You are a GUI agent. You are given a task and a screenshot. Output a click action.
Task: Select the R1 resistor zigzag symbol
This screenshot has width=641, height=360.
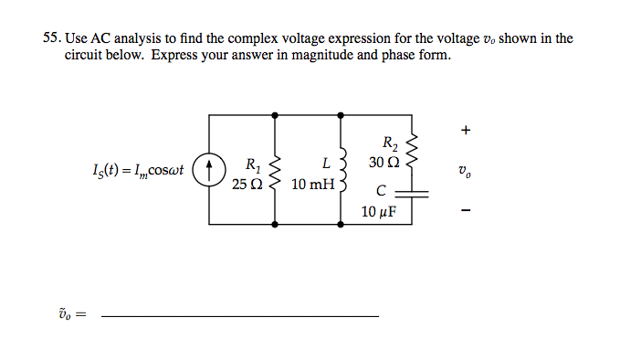[275, 170]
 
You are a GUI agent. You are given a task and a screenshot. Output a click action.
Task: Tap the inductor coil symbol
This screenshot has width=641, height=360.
[342, 170]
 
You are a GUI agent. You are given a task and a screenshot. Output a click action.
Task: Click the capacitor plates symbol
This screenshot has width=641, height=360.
[413, 193]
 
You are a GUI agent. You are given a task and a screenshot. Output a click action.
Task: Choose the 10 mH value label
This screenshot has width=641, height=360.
[312, 185]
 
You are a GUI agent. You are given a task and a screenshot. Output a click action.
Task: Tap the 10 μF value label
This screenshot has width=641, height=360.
[381, 212]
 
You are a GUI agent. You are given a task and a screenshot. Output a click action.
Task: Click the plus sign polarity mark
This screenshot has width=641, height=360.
[466, 131]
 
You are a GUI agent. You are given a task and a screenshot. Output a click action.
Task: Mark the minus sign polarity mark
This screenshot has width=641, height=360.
[466, 212]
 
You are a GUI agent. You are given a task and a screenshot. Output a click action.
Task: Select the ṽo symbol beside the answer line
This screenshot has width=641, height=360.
[69, 313]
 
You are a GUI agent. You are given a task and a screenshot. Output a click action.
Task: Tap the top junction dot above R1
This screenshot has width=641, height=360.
[275, 114]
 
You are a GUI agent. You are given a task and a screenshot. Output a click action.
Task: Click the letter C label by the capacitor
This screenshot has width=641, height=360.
[381, 191]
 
